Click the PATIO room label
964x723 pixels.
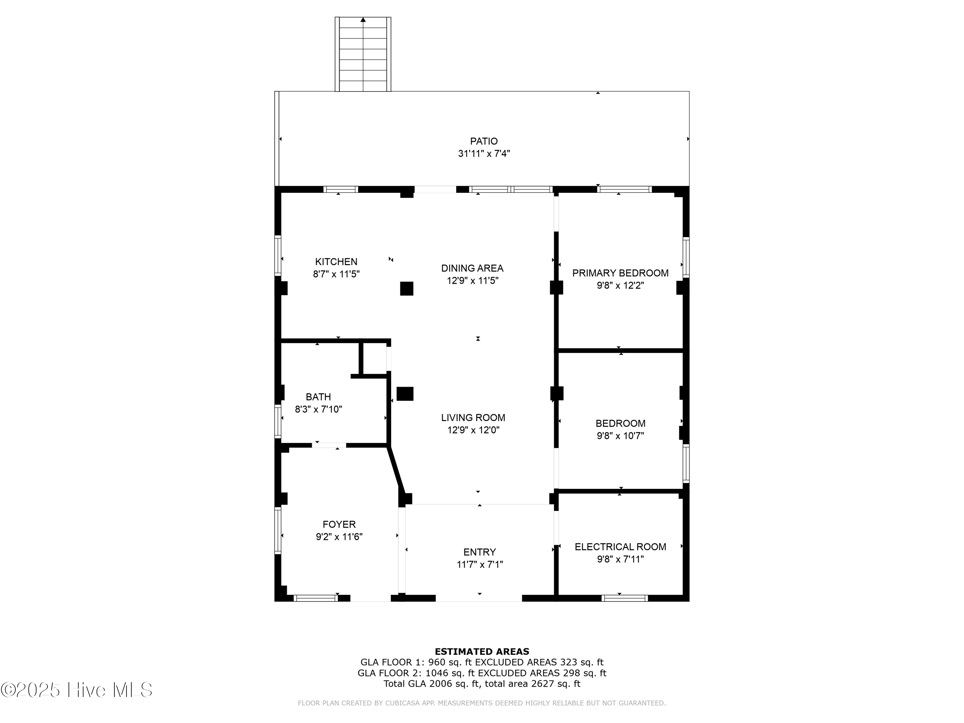point(483,141)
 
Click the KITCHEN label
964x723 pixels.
point(336,262)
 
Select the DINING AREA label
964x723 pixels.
point(472,268)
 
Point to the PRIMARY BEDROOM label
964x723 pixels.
point(620,273)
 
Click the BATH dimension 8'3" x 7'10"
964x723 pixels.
point(318,409)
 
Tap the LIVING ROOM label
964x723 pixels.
point(473,417)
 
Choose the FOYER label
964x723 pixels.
point(339,524)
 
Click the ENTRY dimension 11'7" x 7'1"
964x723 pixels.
point(479,564)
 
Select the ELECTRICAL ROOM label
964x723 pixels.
point(620,547)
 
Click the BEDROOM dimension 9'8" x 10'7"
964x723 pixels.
point(620,435)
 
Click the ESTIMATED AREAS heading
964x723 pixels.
point(482,652)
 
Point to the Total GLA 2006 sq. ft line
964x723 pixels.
point(482,683)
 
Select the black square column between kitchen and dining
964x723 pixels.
point(406,289)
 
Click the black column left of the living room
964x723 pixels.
point(405,394)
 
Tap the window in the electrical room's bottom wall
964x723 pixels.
point(624,598)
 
